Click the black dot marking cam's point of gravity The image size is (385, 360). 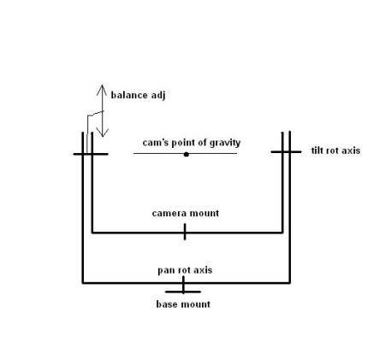187,155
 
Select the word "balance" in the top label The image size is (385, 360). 129,95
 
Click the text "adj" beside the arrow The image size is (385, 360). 158,96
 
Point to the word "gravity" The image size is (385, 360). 225,143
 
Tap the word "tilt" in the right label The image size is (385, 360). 317,150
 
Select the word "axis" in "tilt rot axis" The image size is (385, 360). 351,150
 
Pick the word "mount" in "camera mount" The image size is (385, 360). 204,213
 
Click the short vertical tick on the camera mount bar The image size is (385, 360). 185,232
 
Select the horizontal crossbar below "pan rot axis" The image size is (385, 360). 183,292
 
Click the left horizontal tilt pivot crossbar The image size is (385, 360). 91,154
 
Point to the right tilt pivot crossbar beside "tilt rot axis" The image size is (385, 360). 286,152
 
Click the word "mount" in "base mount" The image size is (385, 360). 196,304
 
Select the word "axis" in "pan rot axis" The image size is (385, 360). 203,270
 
